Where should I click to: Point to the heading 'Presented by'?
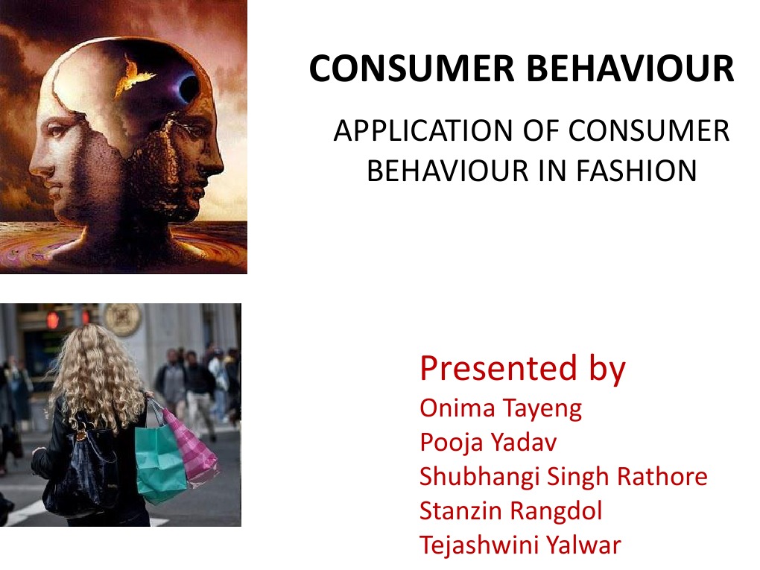point(522,368)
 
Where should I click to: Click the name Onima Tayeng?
point(500,408)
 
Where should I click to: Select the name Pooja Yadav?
point(487,443)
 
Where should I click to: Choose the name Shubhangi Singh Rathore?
point(563,476)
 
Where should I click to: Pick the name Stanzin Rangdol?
point(510,510)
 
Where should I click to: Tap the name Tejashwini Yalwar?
point(519,545)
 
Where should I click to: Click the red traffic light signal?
point(53,320)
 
